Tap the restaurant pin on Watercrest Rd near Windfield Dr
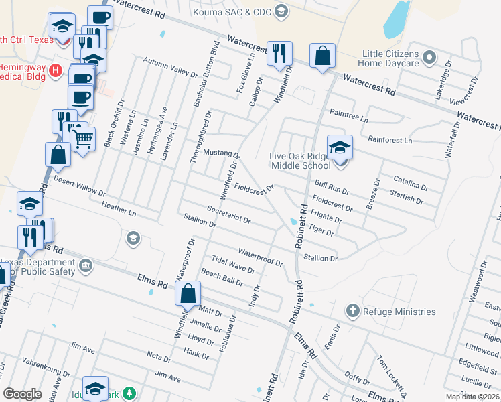click(279, 52)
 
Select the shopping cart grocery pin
click(82, 139)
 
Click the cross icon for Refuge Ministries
click(353, 311)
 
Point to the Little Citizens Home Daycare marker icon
click(429, 58)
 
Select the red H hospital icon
click(57, 69)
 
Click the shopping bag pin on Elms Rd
click(188, 293)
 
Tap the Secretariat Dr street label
click(228, 214)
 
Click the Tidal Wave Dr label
click(232, 265)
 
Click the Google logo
click(23, 394)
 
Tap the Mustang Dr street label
click(221, 153)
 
